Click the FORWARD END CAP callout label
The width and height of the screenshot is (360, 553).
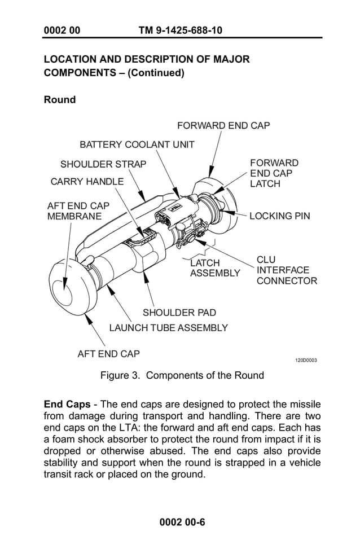click(223, 125)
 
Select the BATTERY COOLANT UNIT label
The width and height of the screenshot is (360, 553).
click(137, 144)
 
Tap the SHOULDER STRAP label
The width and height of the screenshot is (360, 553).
click(103, 164)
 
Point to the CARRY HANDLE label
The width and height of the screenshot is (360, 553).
click(87, 182)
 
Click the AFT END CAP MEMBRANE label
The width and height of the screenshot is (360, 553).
click(78, 211)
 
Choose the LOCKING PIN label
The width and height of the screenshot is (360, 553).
click(279, 216)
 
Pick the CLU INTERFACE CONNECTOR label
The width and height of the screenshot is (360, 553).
click(287, 270)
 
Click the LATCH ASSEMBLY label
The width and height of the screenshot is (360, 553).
click(214, 268)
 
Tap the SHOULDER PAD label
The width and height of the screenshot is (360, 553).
click(179, 313)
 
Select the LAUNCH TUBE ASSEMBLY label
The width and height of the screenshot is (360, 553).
click(168, 328)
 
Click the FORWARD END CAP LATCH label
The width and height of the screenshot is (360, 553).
click(274, 173)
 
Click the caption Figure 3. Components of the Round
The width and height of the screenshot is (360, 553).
click(182, 375)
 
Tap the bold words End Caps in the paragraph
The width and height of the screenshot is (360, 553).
click(67, 405)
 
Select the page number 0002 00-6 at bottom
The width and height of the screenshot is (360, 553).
click(182, 522)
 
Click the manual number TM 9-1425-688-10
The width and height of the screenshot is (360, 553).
click(180, 30)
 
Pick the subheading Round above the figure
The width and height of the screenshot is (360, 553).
click(59, 100)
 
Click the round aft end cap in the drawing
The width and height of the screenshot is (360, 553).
click(70, 287)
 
